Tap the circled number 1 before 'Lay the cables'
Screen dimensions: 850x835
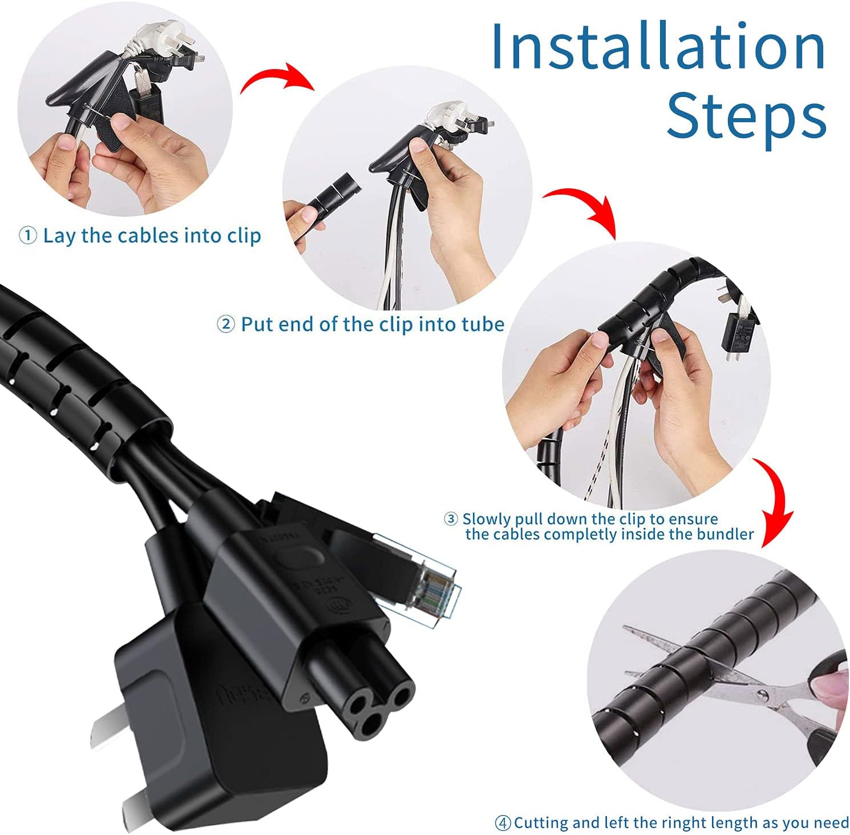(28, 235)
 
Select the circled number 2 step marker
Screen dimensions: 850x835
(226, 325)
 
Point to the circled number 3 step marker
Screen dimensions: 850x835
(451, 519)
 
